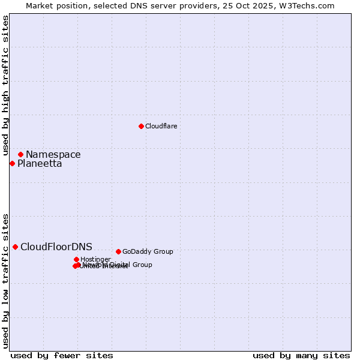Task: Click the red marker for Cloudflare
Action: coord(141,126)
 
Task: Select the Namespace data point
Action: coord(20,154)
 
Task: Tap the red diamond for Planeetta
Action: coord(12,163)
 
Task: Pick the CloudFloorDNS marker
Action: coord(15,247)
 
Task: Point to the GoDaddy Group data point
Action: coord(118,251)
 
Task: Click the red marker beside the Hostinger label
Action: coord(76,259)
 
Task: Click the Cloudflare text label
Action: coord(161,126)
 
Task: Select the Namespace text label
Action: coord(53,154)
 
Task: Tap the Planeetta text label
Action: coord(39,163)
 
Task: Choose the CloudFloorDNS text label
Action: coord(56,247)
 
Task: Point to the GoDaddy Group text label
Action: coord(147,251)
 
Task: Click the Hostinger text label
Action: coord(95,259)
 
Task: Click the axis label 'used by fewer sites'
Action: coord(62,355)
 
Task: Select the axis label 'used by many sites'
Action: coord(301,355)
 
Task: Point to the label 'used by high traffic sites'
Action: coord(5,85)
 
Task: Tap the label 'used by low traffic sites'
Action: coord(5,280)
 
